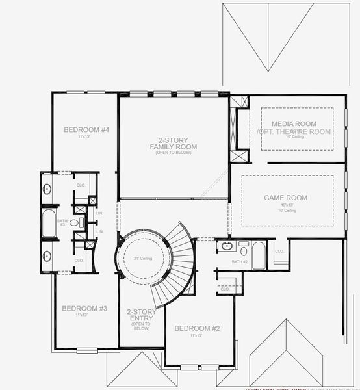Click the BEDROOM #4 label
pos(86,130)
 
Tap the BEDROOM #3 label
pos(85,308)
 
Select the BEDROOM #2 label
pos(197,329)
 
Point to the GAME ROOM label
pos(286,198)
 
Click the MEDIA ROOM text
pos(294,123)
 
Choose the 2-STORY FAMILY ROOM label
pos(173,143)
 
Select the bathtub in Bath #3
pos(49,224)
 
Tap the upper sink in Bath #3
pos(47,189)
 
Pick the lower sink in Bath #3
pos(47,254)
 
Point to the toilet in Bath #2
pos(243,248)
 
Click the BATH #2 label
pos(239,261)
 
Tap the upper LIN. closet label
pos(99,213)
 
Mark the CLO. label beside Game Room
pos(279,251)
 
